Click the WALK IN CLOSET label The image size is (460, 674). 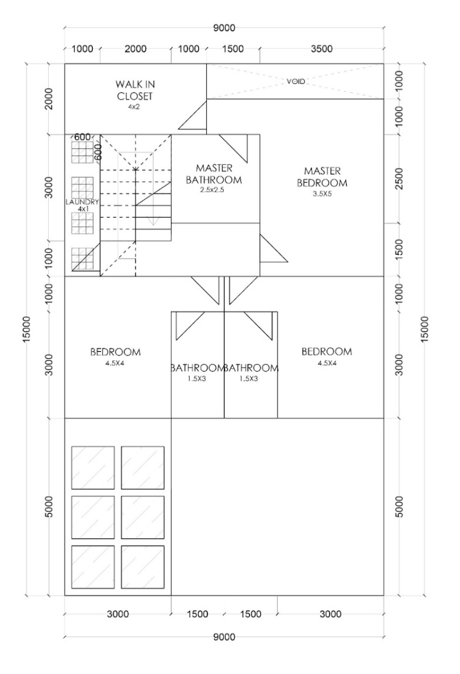(135, 90)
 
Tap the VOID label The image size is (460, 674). (296, 81)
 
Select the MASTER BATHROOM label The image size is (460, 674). (214, 174)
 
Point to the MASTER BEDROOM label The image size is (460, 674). (322, 177)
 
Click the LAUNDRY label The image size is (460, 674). (82, 202)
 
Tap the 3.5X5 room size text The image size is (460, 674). (322, 194)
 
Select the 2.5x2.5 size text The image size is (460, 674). (212, 190)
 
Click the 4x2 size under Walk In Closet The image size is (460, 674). (134, 107)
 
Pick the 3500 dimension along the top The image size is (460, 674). (321, 49)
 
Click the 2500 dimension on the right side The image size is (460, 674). (399, 178)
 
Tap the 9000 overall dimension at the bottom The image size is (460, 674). (224, 636)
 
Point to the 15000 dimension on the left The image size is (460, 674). (26, 330)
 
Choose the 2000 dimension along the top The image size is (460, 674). (136, 49)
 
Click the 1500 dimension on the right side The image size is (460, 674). (399, 250)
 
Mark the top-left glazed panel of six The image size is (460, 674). (93, 468)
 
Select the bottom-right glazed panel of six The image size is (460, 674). (143, 567)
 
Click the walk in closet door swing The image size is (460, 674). (192, 114)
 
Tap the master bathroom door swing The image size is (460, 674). (233, 149)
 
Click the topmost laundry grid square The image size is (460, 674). (82, 153)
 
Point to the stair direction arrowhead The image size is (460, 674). (153, 222)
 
